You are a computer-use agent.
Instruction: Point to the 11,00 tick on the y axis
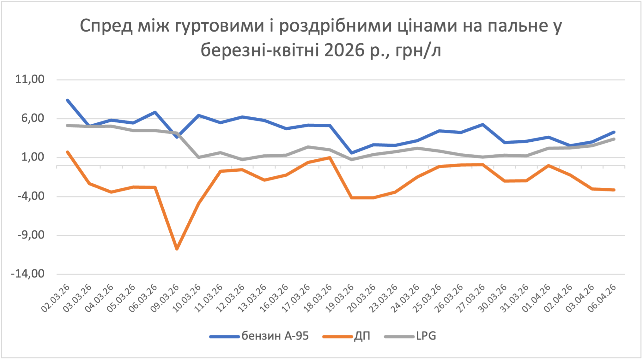click(x=30, y=79)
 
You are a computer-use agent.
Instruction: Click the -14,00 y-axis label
click(x=28, y=274)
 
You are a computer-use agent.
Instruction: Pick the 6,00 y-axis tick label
click(x=33, y=118)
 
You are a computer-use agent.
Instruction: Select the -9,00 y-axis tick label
click(x=31, y=235)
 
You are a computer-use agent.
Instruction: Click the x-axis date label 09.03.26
click(x=165, y=298)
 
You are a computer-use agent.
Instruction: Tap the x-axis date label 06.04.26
click(x=602, y=298)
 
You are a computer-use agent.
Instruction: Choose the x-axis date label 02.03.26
click(x=56, y=298)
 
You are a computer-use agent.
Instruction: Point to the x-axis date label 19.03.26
click(x=340, y=298)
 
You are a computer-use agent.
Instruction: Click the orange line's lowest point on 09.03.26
click(x=177, y=249)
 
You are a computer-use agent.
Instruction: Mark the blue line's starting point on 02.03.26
click(x=68, y=100)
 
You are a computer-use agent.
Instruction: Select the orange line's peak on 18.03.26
click(x=330, y=158)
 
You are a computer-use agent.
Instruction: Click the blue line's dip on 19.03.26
click(x=352, y=153)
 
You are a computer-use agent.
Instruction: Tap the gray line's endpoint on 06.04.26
click(x=614, y=139)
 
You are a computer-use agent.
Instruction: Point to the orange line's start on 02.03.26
click(x=68, y=152)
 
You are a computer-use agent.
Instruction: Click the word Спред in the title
click(x=106, y=26)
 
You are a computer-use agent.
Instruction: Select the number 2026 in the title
click(x=344, y=50)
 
